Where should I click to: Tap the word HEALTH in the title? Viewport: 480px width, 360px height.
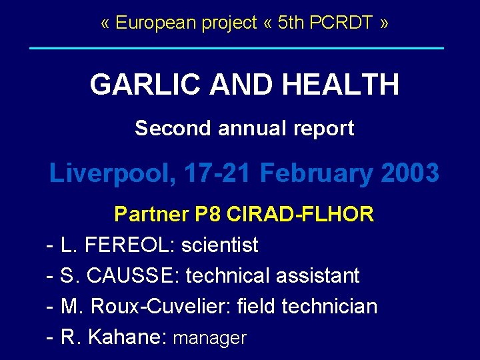click(x=340, y=85)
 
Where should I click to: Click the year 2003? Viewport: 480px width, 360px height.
click(x=410, y=173)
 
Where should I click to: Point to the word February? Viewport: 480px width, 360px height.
click(x=317, y=173)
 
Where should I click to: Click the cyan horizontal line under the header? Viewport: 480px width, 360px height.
click(x=237, y=48)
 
